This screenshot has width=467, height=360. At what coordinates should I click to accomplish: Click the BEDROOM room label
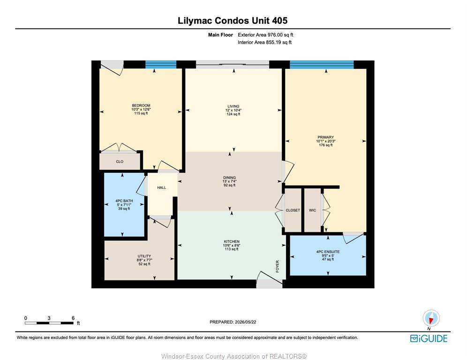[141, 105]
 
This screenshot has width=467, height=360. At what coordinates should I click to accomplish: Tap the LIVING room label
[233, 106]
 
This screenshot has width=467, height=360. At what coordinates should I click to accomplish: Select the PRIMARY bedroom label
[325, 137]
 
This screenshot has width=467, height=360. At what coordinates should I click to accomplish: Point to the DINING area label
[229, 178]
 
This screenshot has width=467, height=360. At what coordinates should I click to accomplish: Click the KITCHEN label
[232, 241]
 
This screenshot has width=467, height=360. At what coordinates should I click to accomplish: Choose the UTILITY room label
[144, 256]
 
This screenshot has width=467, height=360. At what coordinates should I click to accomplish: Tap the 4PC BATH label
[124, 201]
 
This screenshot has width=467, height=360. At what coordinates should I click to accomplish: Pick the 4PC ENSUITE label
[328, 252]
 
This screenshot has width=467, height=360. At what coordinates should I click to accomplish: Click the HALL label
[162, 187]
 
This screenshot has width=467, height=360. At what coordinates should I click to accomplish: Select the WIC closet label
[312, 210]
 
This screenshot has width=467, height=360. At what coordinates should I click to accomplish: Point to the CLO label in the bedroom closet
[120, 162]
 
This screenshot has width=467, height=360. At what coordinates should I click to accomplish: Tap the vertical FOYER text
[278, 267]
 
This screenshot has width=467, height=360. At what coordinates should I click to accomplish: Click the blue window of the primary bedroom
[322, 65]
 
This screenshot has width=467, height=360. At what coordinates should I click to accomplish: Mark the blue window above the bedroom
[161, 65]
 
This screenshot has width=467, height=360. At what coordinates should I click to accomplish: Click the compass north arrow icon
[431, 318]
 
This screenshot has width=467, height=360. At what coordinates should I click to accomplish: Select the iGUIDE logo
[429, 338]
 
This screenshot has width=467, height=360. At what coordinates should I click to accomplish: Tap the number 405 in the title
[279, 21]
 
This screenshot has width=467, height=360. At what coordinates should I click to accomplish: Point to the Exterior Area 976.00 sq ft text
[265, 35]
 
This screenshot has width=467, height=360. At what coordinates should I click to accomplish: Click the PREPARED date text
[233, 322]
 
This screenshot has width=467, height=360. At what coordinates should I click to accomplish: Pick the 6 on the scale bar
[73, 318]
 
